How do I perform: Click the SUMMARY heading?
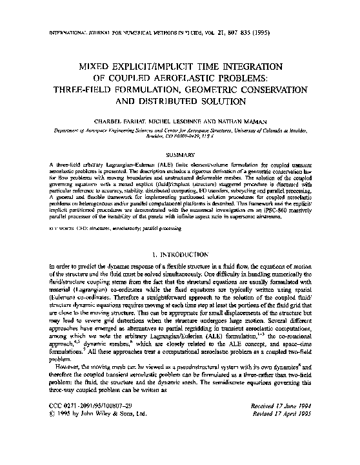tap(179, 155)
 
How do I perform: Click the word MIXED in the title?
tap(94, 67)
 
